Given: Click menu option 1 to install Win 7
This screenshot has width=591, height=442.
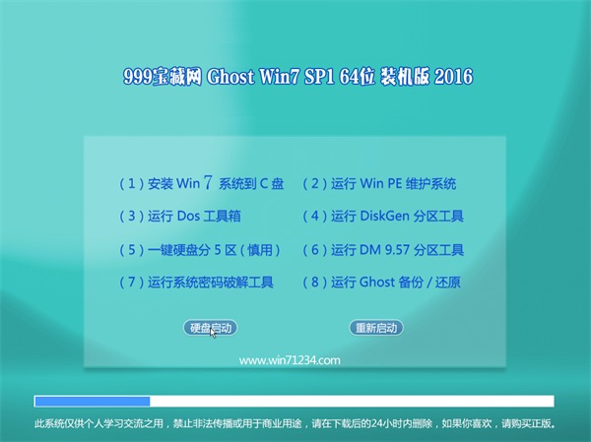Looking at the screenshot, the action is pos(202,183).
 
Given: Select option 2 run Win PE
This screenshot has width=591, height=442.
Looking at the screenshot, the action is pos(379,183).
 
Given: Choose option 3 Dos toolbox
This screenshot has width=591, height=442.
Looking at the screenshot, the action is pos(180,216).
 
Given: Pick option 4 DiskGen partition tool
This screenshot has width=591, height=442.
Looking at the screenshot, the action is pos(383,216).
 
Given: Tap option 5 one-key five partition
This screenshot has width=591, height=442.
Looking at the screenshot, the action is pos(200,249).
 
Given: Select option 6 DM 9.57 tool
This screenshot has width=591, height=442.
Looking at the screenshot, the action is pos(383,249).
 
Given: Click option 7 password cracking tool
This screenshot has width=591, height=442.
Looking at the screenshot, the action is pos(196,282).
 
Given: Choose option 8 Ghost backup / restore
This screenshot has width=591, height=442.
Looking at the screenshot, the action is pos(382,282).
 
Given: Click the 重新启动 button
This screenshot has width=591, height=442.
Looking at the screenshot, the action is pos(376,328).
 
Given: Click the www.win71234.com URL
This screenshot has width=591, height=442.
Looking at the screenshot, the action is pos(290,360).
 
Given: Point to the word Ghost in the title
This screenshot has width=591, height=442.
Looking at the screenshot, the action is pos(230,77).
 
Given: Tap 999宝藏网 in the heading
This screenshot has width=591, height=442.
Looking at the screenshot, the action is pos(163,77).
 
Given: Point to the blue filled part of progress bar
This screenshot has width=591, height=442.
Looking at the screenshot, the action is pos(93,402).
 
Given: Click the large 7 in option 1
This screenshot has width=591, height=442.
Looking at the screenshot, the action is pos(208,182).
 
